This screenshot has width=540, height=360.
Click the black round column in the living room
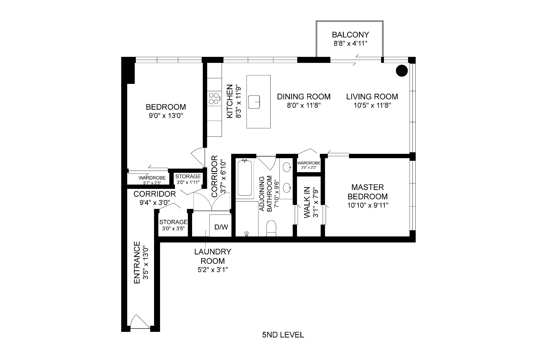(x=402, y=71)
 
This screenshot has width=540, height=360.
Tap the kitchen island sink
(x=254, y=102)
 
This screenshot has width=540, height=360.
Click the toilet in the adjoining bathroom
(x=272, y=228)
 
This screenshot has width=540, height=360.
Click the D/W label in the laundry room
(x=221, y=227)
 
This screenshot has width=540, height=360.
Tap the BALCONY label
(x=350, y=35)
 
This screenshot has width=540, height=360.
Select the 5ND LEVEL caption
(x=283, y=335)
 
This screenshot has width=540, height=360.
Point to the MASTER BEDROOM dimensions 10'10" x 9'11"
(x=368, y=205)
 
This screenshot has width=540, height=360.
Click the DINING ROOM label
(x=303, y=97)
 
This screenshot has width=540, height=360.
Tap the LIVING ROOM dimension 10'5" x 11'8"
(x=372, y=105)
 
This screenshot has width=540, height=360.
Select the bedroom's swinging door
(x=199, y=157)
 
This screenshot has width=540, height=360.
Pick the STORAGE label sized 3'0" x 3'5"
(x=173, y=222)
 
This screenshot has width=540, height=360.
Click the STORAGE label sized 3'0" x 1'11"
(x=188, y=176)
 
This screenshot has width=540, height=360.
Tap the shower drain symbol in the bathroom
(x=247, y=233)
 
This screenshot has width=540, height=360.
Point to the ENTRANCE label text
(x=137, y=262)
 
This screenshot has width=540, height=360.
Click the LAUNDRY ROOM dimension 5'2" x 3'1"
(x=213, y=270)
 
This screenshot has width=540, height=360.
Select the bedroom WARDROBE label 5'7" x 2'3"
(x=152, y=178)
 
